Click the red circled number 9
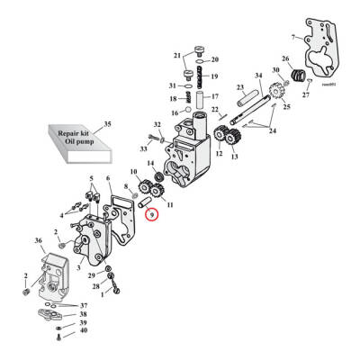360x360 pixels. [x=153, y=214]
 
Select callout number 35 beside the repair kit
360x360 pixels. [x=109, y=122]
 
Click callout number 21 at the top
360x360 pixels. [x=176, y=56]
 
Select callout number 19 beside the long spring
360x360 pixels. [x=214, y=77]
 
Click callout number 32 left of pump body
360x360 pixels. [x=157, y=125]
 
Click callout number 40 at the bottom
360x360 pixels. [x=85, y=331]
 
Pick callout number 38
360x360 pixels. [x=85, y=314]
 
